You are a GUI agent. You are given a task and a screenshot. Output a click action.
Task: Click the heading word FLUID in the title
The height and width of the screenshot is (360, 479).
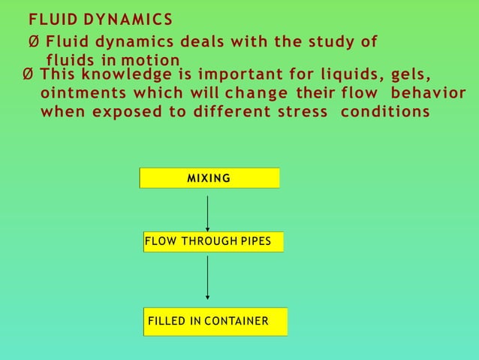(x=47, y=19)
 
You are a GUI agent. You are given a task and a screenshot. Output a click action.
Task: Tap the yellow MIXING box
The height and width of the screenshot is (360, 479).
(x=209, y=178)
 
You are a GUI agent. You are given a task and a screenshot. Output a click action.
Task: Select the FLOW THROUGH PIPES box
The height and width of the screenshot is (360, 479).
(x=213, y=242)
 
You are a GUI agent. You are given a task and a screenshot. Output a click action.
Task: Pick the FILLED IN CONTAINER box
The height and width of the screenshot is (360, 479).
(x=216, y=322)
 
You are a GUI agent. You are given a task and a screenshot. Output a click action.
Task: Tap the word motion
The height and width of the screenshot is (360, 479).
(x=154, y=60)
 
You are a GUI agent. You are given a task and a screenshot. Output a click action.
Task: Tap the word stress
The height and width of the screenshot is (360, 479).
(x=303, y=112)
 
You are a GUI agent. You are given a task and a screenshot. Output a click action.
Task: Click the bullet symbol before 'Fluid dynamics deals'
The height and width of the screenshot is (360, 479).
(x=34, y=41)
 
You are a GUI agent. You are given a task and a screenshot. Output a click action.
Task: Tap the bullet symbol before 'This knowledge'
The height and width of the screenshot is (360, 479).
(x=29, y=74)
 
